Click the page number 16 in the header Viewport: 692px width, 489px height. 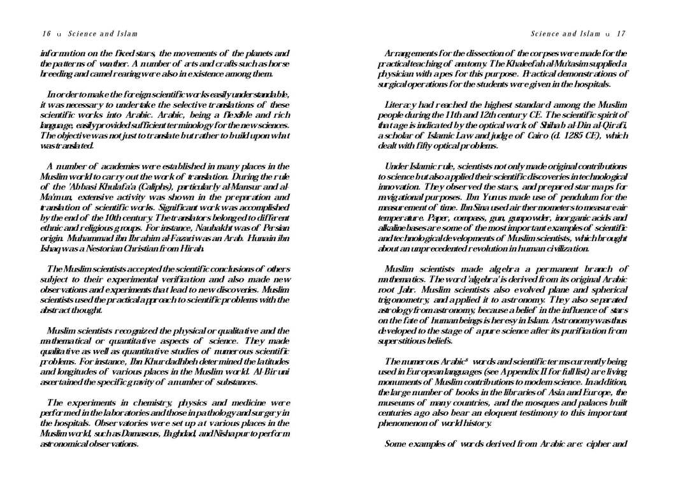47,34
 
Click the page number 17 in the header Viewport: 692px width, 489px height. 621,34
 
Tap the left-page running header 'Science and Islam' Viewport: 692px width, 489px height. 103,34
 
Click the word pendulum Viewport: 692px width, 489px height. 559,187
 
